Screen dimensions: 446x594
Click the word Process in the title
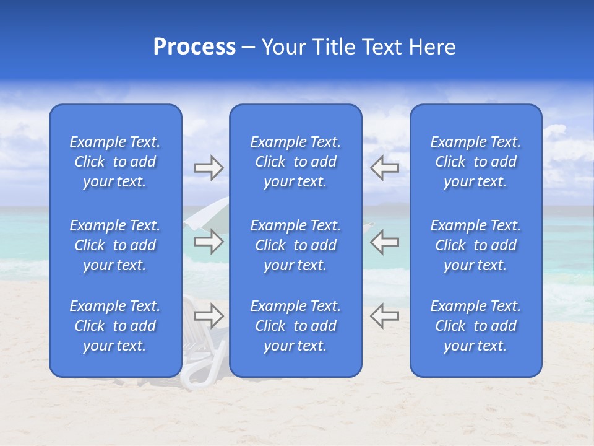tap(194, 47)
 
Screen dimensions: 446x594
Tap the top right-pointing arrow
tap(209, 168)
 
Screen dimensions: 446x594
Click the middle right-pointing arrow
tap(209, 242)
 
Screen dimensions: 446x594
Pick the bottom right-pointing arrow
tap(209, 316)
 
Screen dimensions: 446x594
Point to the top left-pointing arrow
tap(384, 168)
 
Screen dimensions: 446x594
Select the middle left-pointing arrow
tap(384, 242)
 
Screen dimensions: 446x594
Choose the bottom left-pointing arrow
tap(384, 316)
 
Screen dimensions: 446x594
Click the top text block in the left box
tap(115, 162)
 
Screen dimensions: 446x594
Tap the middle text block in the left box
tap(115, 245)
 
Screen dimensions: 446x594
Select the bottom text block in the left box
tap(115, 326)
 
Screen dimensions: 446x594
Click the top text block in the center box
tap(295, 162)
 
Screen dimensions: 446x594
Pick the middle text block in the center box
tap(295, 245)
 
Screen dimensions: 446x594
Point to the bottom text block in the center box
tap(295, 326)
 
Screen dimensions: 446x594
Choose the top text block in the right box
tap(475, 162)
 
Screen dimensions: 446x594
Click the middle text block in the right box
tap(475, 245)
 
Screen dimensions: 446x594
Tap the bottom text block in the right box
tap(475, 326)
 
